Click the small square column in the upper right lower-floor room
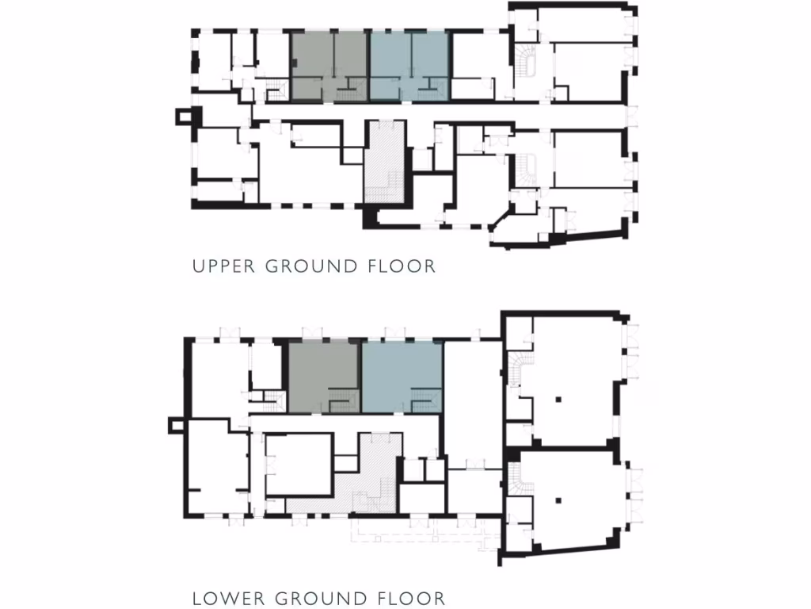tap(558, 396)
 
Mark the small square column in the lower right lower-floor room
tap(558, 500)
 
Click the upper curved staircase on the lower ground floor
tap(518, 368)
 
